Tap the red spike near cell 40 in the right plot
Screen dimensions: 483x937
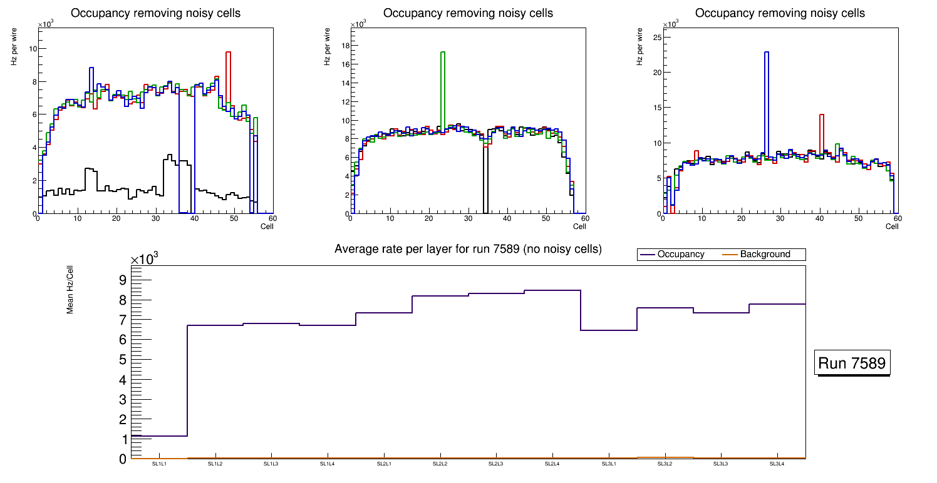(x=821, y=135)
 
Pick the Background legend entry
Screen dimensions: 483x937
(x=765, y=255)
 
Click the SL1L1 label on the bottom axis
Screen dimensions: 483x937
(x=159, y=464)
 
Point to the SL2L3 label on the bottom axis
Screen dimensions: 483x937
(x=496, y=464)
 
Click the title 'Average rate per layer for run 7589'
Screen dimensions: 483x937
(x=468, y=249)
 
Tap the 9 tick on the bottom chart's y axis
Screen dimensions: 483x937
(x=122, y=280)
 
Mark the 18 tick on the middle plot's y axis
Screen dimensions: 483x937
(x=344, y=46)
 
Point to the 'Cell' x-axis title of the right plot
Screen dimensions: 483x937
(x=892, y=226)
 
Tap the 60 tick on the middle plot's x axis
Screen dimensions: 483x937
(x=584, y=218)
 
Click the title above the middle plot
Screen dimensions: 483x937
(x=468, y=13)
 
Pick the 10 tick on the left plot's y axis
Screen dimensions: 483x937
(x=33, y=49)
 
